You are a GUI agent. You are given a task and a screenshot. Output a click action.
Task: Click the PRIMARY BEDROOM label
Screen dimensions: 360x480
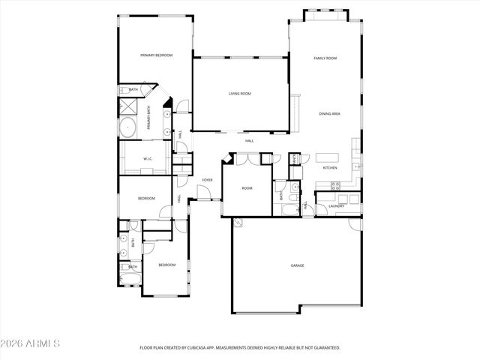[x=157, y=55]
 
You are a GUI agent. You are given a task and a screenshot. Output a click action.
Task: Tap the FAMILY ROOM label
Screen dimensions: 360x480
[x=325, y=58]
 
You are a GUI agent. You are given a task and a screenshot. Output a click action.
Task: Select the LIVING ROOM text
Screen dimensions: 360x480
[x=240, y=94]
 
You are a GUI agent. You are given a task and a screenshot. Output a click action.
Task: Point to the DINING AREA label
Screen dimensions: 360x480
[x=330, y=113]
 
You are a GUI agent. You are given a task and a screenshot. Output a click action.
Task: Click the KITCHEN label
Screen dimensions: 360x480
[x=330, y=167]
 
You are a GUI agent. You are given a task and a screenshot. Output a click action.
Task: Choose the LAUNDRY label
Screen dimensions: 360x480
[x=336, y=205]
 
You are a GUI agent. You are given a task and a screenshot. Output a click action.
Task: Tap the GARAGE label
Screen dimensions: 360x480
[x=297, y=265]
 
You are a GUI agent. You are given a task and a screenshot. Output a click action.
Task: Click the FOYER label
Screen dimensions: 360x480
[x=207, y=180]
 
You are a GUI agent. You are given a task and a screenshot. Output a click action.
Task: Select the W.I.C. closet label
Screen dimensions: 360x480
[x=148, y=158]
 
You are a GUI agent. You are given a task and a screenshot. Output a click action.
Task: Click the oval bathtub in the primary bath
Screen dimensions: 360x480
[x=128, y=127]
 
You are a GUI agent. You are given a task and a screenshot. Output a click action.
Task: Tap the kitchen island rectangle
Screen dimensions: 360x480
[x=327, y=157]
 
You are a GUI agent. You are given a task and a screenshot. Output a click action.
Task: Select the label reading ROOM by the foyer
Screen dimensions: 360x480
[x=247, y=189]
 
